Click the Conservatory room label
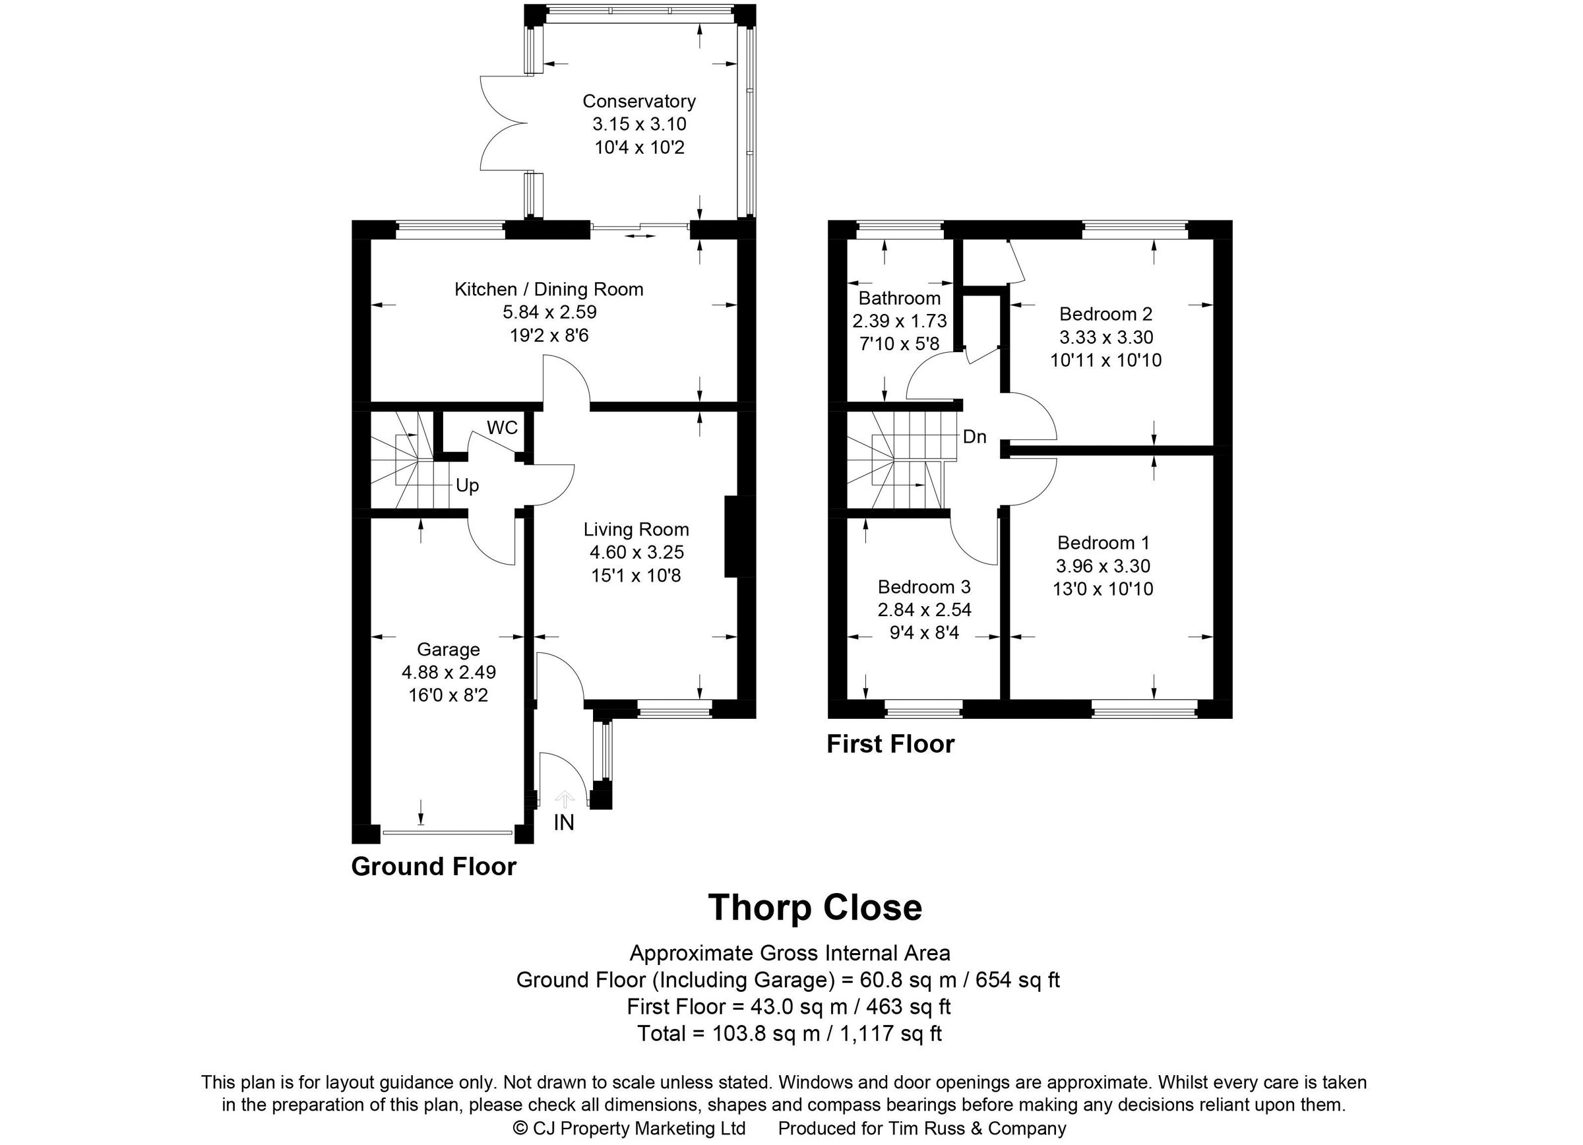coord(638,101)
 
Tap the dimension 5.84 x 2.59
coord(549,312)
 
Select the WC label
coord(502,427)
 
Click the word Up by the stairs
coord(467,485)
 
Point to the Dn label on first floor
coord(974,437)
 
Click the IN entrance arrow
coord(564,799)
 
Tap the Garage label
coord(448,650)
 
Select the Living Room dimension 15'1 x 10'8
coord(635,576)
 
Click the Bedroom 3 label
coord(924,587)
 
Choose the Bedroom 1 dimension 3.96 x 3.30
coord(1103,566)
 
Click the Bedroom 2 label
coord(1105,314)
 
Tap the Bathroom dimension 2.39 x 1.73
coord(899,321)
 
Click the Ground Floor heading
coord(433,867)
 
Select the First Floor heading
coord(890,745)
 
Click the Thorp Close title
coord(815,908)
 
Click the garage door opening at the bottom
coord(447,832)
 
